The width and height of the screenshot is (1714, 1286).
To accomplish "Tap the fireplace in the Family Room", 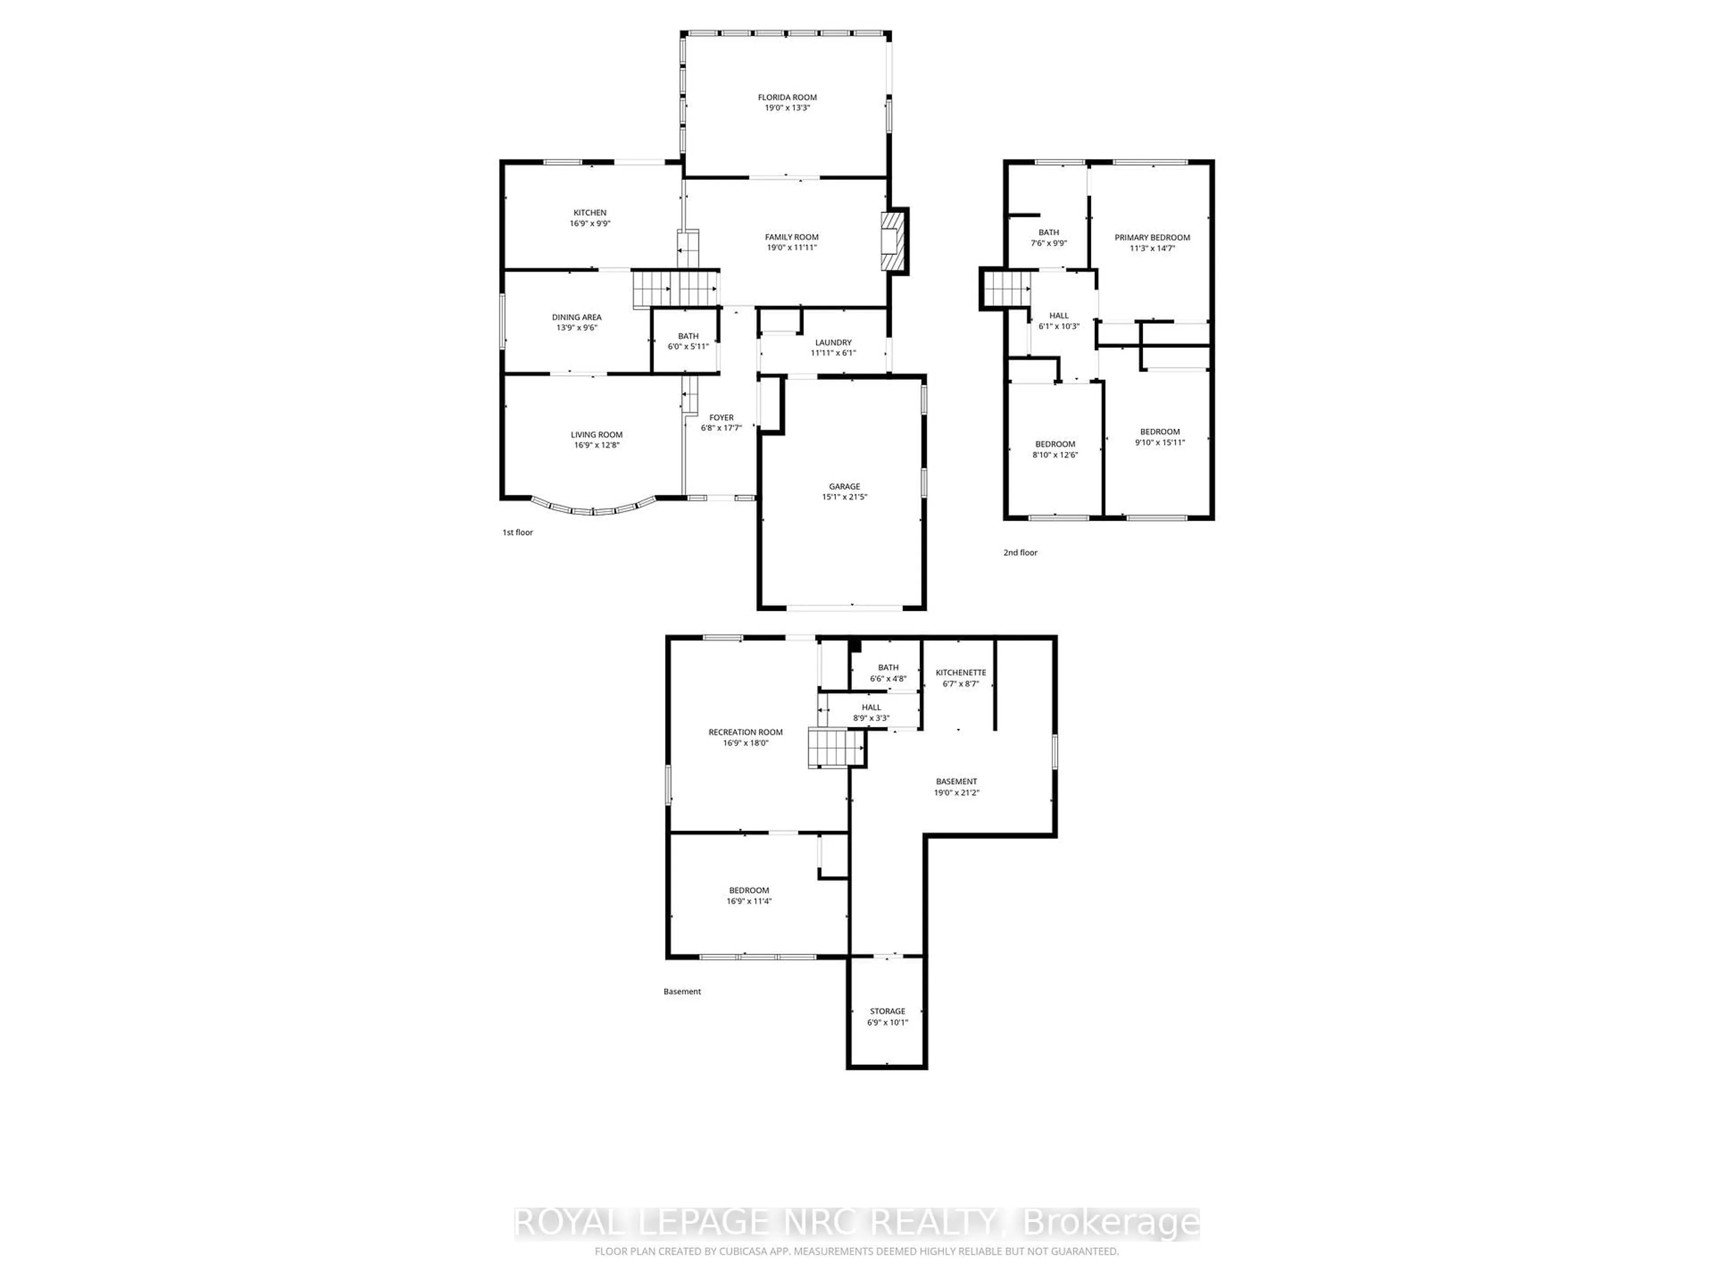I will tap(894, 241).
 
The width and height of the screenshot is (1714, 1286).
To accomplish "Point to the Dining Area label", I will tap(577, 317).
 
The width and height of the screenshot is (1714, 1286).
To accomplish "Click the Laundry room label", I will tap(833, 342).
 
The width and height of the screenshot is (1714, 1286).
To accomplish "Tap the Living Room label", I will tap(597, 435).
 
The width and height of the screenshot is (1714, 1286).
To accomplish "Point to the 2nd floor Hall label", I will tap(1058, 316).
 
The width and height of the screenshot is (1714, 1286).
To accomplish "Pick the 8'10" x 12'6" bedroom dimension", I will tap(1055, 455).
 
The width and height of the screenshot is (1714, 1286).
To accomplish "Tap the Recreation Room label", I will tap(745, 732).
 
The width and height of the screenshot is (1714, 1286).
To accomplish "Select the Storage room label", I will tap(887, 1011).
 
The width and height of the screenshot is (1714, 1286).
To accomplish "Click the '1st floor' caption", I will tap(518, 533).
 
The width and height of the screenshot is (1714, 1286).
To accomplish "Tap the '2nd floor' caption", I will tap(1020, 553).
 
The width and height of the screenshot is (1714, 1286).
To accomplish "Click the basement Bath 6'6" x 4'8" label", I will tap(888, 668).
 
